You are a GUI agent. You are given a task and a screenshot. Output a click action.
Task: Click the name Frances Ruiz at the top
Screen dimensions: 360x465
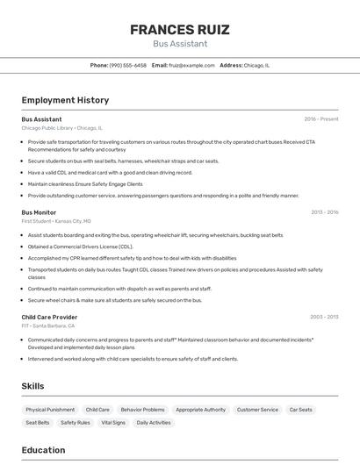pos(180,30)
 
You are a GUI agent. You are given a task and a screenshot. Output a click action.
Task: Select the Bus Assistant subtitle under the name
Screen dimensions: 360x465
pos(180,44)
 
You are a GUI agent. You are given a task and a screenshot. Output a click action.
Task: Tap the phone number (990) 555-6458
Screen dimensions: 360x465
pos(128,65)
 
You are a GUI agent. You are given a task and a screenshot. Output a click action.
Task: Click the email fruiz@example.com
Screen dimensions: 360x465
pos(191,65)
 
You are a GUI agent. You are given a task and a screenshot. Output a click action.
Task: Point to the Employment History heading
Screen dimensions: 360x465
pos(65,100)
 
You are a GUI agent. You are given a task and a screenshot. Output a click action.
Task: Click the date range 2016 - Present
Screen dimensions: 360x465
pos(321,119)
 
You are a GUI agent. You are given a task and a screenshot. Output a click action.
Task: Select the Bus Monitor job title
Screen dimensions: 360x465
pos(39,212)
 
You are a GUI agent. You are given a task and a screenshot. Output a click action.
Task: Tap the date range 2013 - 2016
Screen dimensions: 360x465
pos(324,212)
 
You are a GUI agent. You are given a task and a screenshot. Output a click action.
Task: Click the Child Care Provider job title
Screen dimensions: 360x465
pos(49,317)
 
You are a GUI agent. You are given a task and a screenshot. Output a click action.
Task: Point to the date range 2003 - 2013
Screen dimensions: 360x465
pos(324,317)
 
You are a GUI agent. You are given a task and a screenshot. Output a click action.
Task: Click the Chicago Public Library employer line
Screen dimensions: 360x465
pos(61,128)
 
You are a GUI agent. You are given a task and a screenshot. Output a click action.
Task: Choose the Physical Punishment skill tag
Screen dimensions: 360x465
pos(50,410)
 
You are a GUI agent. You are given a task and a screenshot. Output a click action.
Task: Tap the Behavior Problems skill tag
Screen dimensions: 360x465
pos(142,410)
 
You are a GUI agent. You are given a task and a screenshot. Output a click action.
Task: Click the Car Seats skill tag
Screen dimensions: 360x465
pos(300,410)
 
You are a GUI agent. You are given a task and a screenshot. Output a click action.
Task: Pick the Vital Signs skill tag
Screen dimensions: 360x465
pos(113,423)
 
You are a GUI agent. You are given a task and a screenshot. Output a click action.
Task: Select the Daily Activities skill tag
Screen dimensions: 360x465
pos(154,423)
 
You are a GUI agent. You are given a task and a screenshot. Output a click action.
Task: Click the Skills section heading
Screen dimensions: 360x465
pos(32,386)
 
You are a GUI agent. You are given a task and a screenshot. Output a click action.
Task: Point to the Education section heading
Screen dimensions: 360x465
pos(43,450)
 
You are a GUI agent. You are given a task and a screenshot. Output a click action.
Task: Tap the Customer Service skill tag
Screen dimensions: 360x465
pos(257,410)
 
